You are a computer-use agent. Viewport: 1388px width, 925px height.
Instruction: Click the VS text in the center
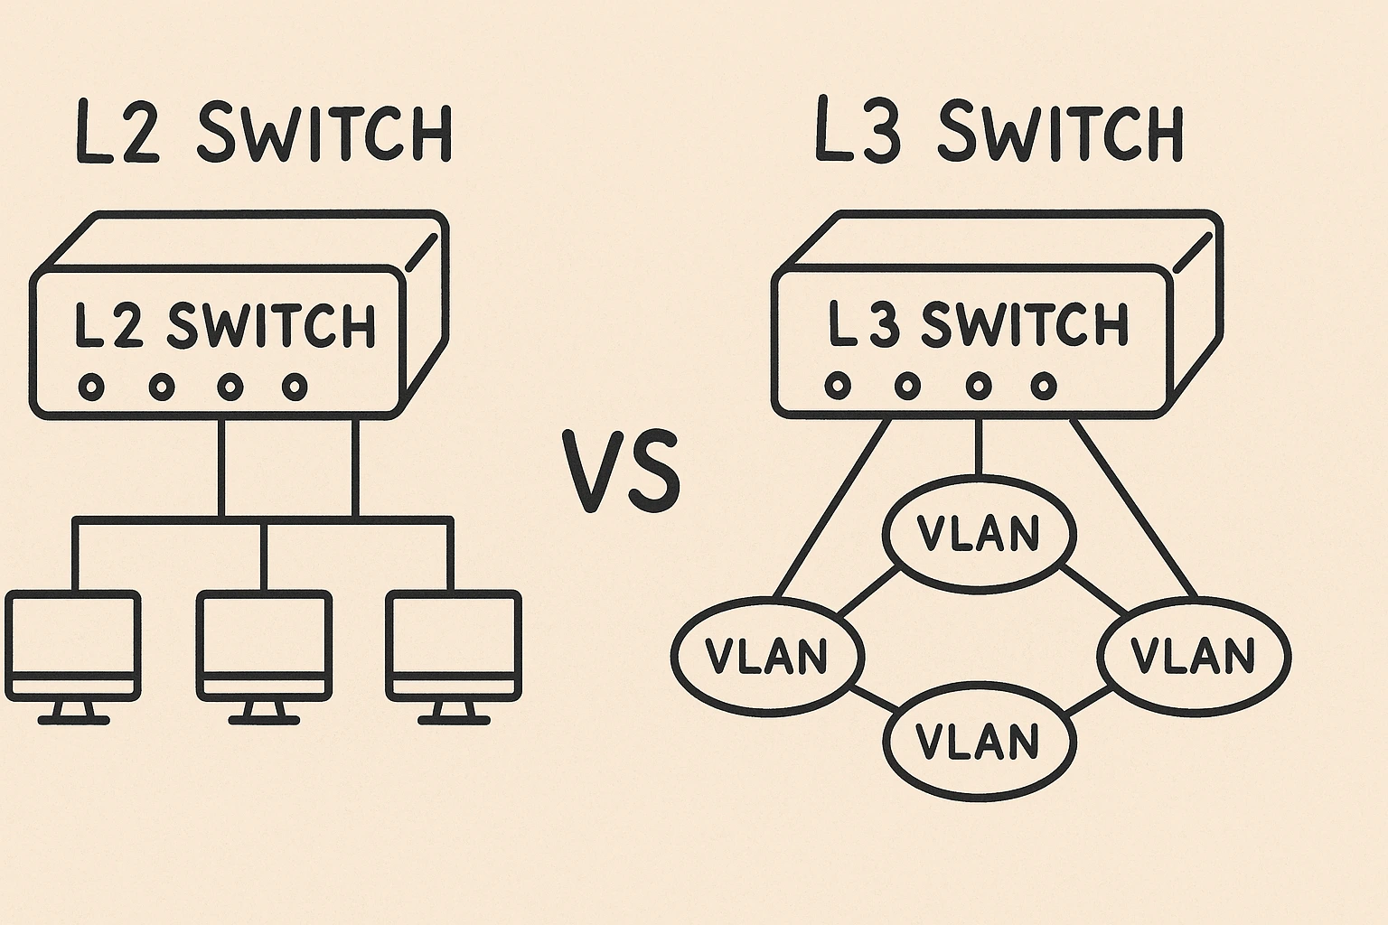pos(622,472)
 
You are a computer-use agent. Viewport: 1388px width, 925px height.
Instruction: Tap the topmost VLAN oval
pos(979,533)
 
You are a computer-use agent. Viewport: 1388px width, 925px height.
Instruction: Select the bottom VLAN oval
pos(979,741)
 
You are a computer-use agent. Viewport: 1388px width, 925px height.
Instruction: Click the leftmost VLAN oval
pos(767,656)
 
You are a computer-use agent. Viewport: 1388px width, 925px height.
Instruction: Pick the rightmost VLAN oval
pos(1194,656)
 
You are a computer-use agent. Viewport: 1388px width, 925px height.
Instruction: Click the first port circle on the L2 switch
pos(91,388)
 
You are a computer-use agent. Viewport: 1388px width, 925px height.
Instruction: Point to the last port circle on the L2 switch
pos(295,388)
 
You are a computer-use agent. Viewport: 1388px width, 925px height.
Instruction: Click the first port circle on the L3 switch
pos(838,387)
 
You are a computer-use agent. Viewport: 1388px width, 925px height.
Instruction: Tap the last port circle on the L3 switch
pos(1044,387)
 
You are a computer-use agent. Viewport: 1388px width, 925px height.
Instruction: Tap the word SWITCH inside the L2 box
pos(271,326)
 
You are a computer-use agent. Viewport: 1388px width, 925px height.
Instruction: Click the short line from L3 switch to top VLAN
pos(979,447)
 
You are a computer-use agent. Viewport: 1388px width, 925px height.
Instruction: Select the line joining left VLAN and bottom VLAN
pos(869,696)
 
